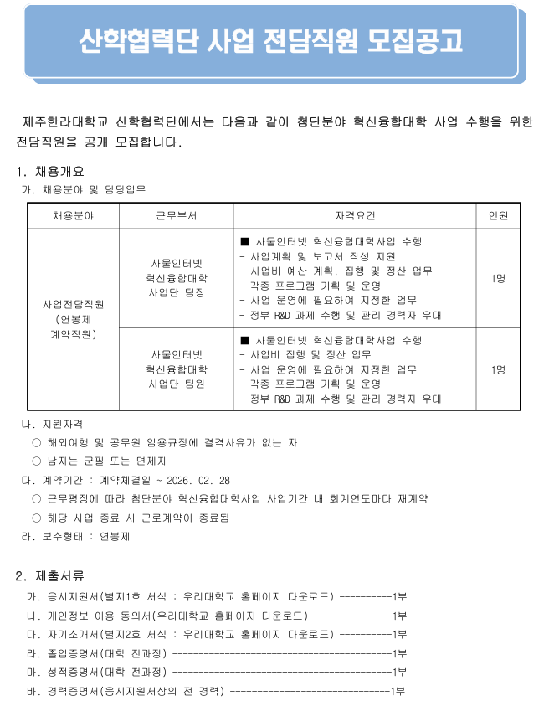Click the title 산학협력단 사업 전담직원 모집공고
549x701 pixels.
(x=269, y=40)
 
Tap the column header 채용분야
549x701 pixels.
(x=74, y=215)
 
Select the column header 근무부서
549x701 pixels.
(x=177, y=215)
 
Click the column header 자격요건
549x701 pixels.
(x=355, y=215)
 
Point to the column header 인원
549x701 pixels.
(x=498, y=215)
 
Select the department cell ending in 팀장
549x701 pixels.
(x=177, y=278)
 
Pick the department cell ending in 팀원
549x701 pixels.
(x=177, y=369)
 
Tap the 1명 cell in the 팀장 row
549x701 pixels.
(x=498, y=278)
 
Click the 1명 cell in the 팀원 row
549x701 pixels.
(x=498, y=369)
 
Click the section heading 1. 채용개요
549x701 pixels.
(x=50, y=172)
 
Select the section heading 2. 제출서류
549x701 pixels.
(x=50, y=575)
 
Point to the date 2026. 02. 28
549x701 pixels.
(x=202, y=480)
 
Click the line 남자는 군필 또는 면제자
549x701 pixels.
(x=105, y=461)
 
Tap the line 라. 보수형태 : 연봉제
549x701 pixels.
(x=75, y=537)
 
